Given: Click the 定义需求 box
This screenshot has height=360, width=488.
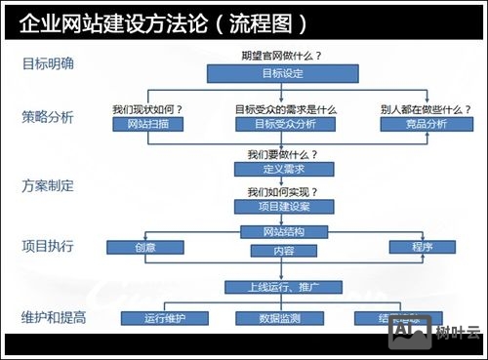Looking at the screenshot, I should pyautogui.click(x=270, y=169).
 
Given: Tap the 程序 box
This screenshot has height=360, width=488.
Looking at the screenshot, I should pyautogui.click(x=422, y=247).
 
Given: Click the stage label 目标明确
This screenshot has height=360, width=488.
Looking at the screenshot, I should pyautogui.click(x=48, y=65).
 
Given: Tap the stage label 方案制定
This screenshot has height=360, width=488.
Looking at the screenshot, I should pyautogui.click(x=48, y=184).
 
